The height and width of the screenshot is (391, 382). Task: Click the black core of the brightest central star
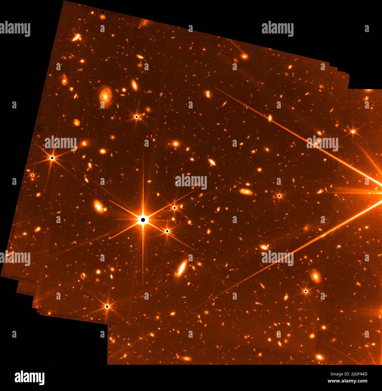pyautogui.click(x=143, y=220)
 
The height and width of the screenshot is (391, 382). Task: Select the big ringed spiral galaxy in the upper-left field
pyautogui.click(x=105, y=95)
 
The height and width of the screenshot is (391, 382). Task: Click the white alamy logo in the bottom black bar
pyautogui.click(x=30, y=377)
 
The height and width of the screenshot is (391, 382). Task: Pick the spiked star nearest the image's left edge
pyautogui.click(x=32, y=175)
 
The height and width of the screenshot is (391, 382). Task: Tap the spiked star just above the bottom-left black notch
pyautogui.click(x=107, y=307)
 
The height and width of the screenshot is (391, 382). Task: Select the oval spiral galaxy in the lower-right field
pyautogui.click(x=316, y=276)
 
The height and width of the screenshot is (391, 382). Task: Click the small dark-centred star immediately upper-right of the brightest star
pyautogui.click(x=175, y=208)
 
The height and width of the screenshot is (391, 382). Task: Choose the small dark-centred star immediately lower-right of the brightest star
pyautogui.click(x=167, y=231)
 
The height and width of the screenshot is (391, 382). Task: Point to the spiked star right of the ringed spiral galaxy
pyautogui.click(x=137, y=117)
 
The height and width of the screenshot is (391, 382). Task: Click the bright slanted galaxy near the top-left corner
pyautogui.click(x=76, y=37)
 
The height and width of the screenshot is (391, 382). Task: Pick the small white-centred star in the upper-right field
pyautogui.click(x=353, y=131)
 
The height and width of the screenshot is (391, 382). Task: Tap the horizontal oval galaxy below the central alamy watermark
pyautogui.click(x=245, y=192)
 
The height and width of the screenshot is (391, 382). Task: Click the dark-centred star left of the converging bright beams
pyautogui.click(x=279, y=195)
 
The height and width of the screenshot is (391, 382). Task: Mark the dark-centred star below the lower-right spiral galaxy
pyautogui.click(x=306, y=291)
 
